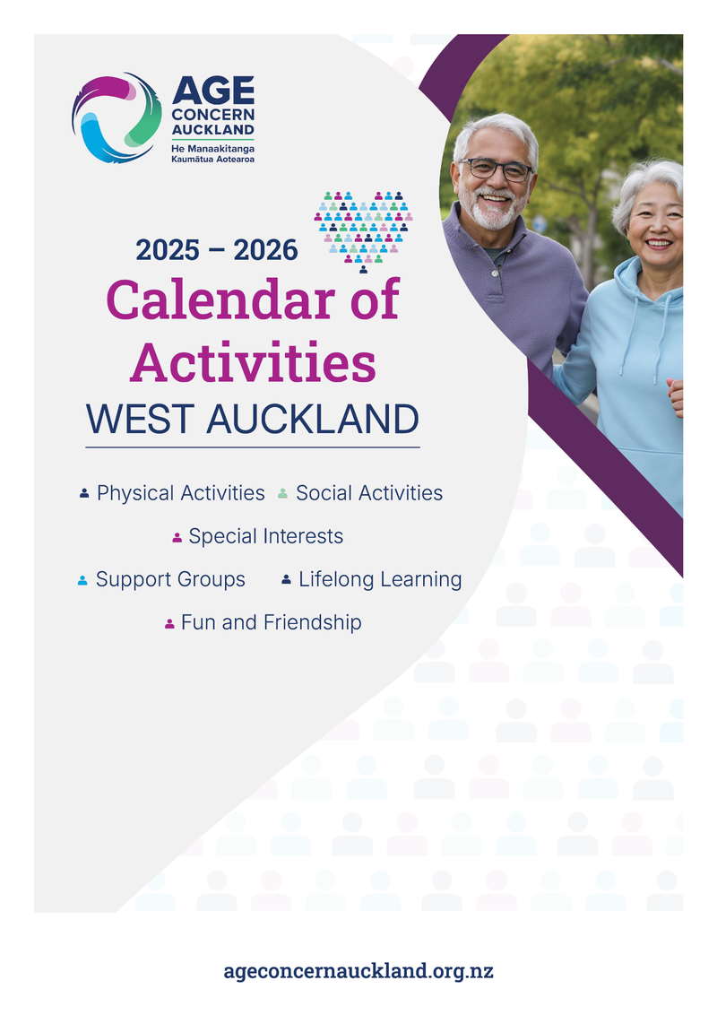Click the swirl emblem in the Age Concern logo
[x=117, y=117]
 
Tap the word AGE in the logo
[x=213, y=90]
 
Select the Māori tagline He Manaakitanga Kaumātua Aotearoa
[x=213, y=153]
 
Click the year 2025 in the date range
[x=168, y=250]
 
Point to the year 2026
[x=265, y=250]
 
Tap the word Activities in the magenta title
[x=253, y=362]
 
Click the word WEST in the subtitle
[x=141, y=419]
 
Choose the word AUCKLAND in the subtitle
[x=313, y=419]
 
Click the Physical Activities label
[x=180, y=493]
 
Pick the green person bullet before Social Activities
[x=283, y=494]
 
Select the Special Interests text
[x=266, y=536]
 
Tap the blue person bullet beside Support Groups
[x=82, y=580]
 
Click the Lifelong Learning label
[x=380, y=579]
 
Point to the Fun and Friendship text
[x=272, y=622]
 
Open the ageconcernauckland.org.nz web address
[x=358, y=971]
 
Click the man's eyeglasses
[x=497, y=169]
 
